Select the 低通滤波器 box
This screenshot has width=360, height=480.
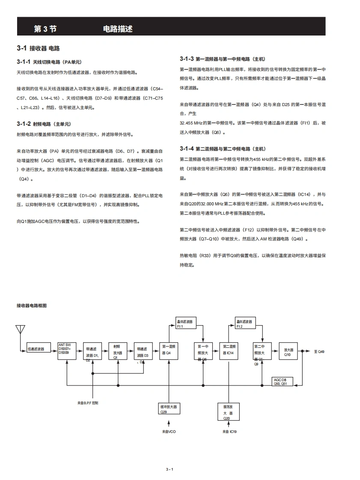(x=36, y=349)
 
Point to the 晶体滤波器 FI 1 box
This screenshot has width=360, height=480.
(x=186, y=323)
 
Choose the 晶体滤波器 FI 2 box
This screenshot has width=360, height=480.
(x=245, y=323)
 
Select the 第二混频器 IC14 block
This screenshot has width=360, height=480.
(x=229, y=351)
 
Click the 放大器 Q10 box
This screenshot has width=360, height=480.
(x=288, y=351)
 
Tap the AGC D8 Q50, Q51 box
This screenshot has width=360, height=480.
(x=283, y=382)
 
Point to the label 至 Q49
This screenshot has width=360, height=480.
(x=319, y=352)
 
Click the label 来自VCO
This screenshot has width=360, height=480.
(x=169, y=432)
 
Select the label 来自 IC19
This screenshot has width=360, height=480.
(x=229, y=432)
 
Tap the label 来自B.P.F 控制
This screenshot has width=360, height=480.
(x=88, y=403)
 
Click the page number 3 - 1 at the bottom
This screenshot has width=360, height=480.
(x=169, y=469)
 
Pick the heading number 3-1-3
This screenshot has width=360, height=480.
(x=187, y=59)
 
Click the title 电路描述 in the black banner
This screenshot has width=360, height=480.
(x=118, y=29)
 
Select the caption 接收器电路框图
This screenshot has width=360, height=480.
(x=31, y=306)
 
